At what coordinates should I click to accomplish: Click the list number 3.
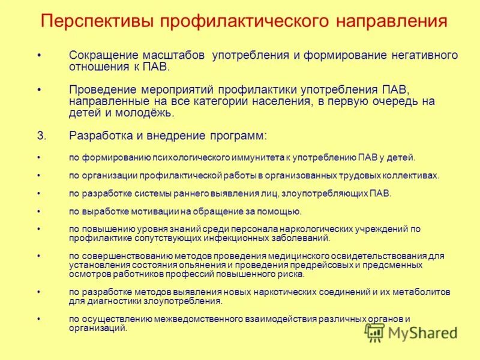(41, 136)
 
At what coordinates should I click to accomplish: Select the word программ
(239, 136)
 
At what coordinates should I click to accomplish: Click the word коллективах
(408, 176)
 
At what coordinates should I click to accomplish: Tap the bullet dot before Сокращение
(39, 55)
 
